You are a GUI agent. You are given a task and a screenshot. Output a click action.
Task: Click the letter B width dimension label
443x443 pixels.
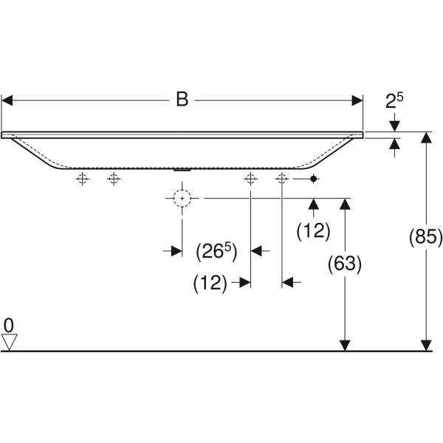point(182,100)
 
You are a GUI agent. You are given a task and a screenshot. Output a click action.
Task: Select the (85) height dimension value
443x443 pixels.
point(425,238)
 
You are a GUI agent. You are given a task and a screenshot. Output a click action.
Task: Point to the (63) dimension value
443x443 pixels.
point(344,263)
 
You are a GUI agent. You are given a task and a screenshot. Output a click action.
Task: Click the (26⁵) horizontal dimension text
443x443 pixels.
point(216,252)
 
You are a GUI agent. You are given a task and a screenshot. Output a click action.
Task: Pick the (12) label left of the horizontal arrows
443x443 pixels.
point(210,282)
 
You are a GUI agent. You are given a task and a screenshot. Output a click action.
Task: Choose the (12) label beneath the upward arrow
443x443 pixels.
point(313,231)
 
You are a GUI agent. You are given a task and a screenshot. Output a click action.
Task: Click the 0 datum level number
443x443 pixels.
point(9,325)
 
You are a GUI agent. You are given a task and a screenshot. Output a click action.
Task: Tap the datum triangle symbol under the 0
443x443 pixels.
point(9,342)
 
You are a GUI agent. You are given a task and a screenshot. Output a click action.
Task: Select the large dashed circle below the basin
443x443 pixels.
point(182,198)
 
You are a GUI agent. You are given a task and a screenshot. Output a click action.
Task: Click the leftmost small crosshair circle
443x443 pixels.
point(83,179)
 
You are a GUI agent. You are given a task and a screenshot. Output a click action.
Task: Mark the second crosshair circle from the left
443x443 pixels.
point(113,179)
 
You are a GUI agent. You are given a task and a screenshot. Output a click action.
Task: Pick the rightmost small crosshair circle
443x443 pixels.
point(281,179)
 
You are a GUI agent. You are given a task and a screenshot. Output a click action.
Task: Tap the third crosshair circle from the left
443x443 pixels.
point(250,179)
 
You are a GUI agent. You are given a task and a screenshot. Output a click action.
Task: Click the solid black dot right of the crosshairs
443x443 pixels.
point(314,179)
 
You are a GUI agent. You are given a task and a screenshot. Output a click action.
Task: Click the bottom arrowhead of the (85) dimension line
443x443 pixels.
point(425,345)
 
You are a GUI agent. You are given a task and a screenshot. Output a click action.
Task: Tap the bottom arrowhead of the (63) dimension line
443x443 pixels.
point(344,345)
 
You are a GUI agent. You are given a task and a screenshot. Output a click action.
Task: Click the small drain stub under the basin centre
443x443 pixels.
point(182,168)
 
